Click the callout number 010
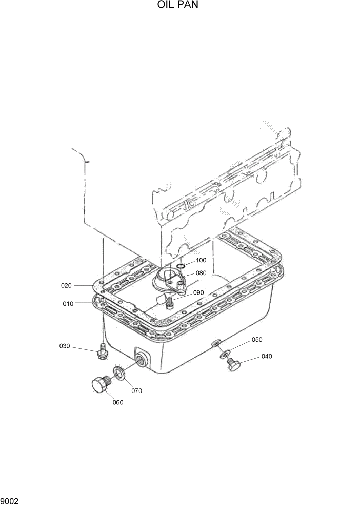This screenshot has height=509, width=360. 68,304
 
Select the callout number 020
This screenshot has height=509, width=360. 68,285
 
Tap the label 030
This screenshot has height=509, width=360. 64,346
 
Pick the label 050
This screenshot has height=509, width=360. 256,340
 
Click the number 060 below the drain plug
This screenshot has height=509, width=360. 118,402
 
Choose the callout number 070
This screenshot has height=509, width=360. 136,390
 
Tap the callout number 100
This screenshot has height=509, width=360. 201,260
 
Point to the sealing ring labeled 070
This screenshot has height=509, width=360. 119,374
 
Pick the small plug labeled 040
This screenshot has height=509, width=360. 234,363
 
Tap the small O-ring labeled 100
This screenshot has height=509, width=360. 182,266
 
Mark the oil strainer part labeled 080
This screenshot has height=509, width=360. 168,281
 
